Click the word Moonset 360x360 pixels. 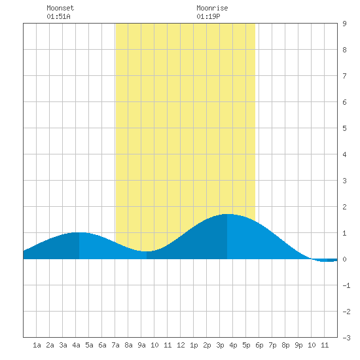(60, 8)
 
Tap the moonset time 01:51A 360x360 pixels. (58, 16)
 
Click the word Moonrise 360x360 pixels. (212, 8)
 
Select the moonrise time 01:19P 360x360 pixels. (208, 16)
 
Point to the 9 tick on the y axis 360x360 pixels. (344, 24)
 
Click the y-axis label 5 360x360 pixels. (344, 128)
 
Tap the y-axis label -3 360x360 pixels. (346, 338)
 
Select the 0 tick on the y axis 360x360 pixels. (344, 259)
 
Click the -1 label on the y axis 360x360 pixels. (346, 285)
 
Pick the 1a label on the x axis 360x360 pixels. (37, 345)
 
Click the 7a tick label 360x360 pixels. (115, 345)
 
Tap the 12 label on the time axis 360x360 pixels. (181, 345)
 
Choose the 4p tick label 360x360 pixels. (233, 345)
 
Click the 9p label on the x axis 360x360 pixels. (298, 345)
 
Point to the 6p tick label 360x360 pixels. (259, 345)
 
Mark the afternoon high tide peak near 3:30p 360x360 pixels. (227, 214)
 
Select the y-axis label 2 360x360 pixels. (344, 207)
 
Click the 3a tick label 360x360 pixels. (63, 345)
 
